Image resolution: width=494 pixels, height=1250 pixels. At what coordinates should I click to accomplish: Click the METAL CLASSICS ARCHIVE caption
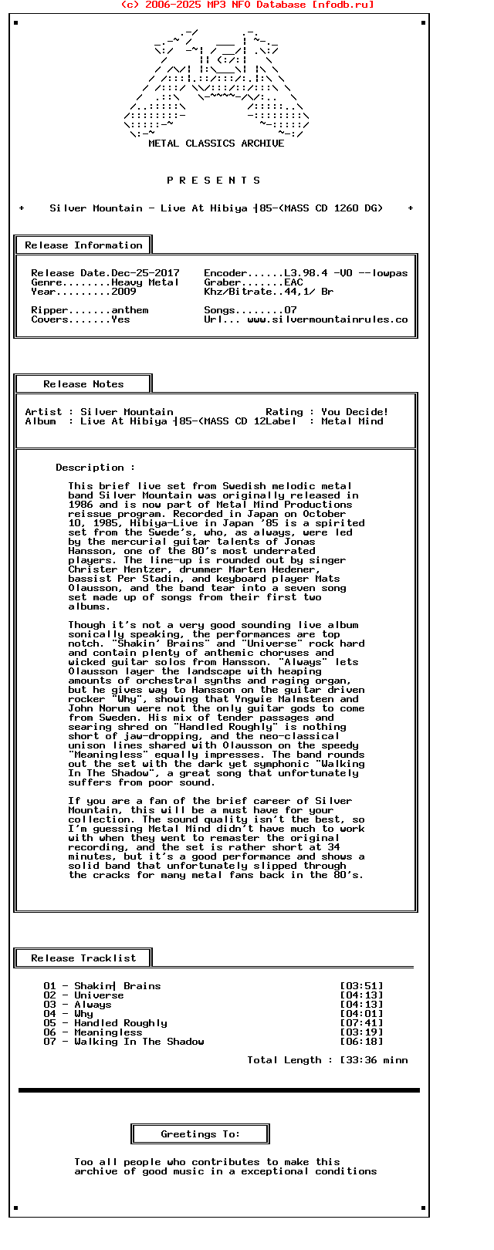(x=216, y=144)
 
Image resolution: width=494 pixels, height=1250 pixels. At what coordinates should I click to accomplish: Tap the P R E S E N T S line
(x=214, y=181)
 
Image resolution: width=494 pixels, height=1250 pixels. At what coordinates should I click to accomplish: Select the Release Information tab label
(x=83, y=245)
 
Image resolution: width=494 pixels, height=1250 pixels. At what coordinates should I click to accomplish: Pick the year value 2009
(x=123, y=292)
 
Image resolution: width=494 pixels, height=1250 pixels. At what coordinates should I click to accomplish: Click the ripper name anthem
(x=130, y=310)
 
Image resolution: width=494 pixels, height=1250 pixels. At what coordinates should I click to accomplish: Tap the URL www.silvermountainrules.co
(x=327, y=319)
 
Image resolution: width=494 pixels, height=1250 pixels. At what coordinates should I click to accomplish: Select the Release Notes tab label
(x=83, y=384)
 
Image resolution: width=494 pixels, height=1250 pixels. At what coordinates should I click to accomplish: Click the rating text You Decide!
(x=355, y=412)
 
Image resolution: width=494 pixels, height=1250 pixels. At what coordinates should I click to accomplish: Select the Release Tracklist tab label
(x=83, y=958)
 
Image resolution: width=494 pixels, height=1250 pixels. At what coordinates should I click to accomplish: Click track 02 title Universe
(x=99, y=995)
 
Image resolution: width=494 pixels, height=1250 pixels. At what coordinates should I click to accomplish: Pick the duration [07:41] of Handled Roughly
(x=361, y=1023)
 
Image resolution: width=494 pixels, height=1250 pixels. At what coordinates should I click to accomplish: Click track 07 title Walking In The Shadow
(x=139, y=1042)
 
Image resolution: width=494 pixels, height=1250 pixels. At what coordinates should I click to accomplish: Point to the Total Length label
(x=284, y=1060)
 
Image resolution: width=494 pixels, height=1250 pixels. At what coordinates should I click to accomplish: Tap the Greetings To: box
(x=200, y=1134)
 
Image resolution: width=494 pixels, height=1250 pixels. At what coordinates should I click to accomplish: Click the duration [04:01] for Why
(x=361, y=1014)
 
